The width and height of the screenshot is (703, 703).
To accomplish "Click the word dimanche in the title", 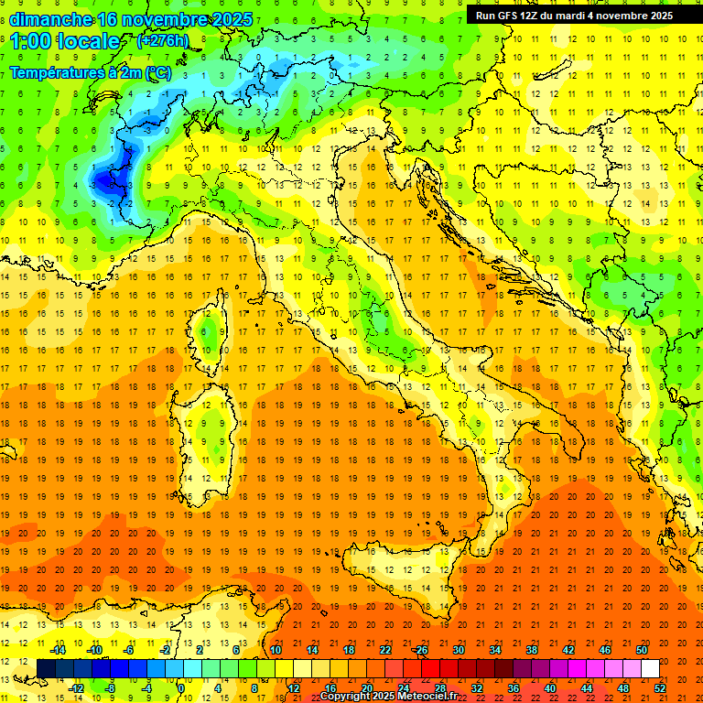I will (x=50, y=19).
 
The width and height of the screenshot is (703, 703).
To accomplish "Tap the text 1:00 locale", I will (x=65, y=41).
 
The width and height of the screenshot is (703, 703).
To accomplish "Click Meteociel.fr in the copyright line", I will (x=426, y=697).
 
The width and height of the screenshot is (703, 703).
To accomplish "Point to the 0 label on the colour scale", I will (x=180, y=688).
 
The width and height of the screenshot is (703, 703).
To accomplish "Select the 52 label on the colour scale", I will (x=660, y=688).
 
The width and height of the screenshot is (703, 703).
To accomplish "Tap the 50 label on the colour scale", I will (x=642, y=650).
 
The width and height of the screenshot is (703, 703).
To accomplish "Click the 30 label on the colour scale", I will (x=459, y=650).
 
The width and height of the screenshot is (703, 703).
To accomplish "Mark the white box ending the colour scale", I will (x=650, y=668).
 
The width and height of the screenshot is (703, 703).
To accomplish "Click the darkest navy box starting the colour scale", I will (x=47, y=668).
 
